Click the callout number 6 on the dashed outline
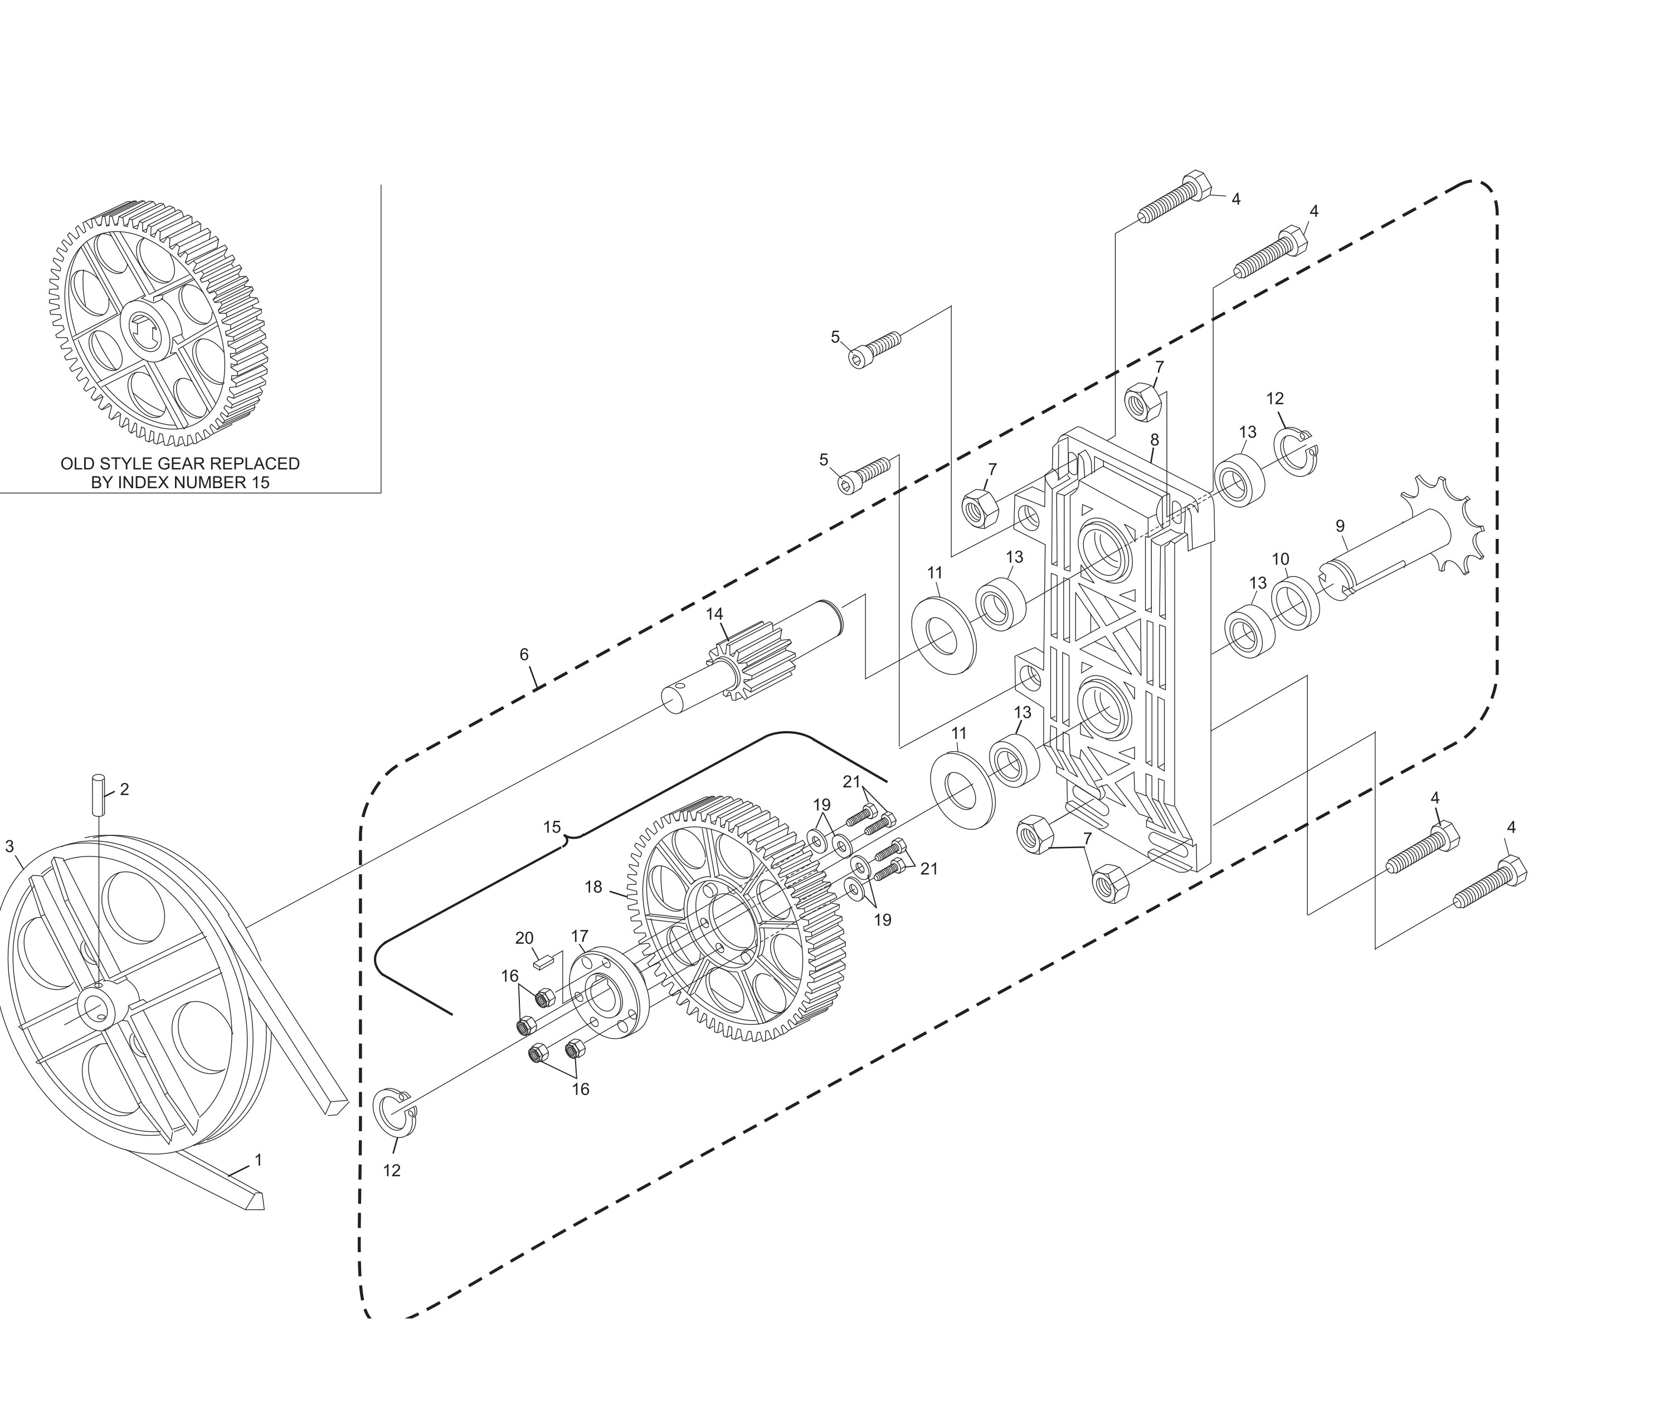(x=524, y=654)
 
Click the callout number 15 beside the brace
(x=552, y=827)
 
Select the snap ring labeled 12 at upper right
(x=1298, y=451)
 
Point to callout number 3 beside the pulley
(x=9, y=846)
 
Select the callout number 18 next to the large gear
(x=593, y=887)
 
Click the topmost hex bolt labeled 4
(x=1174, y=199)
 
